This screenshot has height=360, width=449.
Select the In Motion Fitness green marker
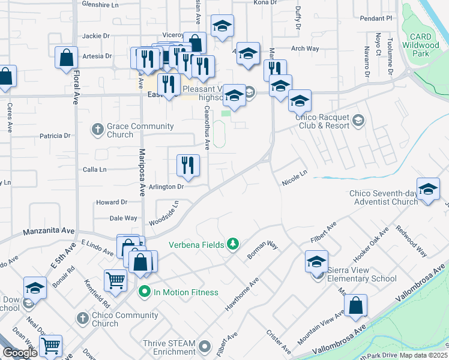(144, 292)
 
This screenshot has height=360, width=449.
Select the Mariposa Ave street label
(143, 173)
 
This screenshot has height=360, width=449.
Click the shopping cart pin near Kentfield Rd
(115, 280)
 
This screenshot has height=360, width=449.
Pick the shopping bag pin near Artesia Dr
(66, 58)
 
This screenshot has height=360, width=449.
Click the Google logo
(19, 353)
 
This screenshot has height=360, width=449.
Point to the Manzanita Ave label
(49, 230)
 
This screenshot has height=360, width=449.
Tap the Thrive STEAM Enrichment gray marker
(205, 347)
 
